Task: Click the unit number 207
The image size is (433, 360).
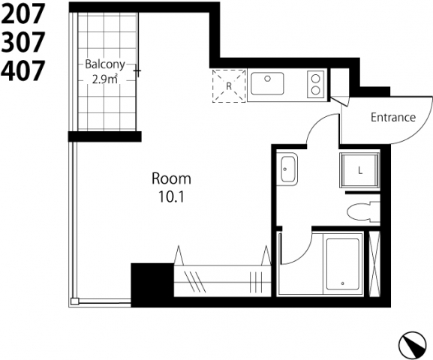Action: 23,13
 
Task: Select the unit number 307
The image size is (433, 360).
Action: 23,42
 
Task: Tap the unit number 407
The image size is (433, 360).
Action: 23,70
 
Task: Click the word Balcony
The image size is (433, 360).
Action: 105,64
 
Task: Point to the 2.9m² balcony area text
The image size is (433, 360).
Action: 105,79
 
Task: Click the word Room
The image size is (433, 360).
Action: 171,178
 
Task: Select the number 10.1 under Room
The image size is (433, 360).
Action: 171,196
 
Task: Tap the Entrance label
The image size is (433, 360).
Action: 393,117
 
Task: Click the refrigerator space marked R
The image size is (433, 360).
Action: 229,85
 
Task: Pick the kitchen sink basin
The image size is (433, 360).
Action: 267,83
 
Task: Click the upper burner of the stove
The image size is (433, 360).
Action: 315,79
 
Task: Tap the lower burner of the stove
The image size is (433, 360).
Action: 315,90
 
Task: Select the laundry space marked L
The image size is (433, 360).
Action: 359,170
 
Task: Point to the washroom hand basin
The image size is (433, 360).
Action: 287,169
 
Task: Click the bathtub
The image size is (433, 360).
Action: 342,265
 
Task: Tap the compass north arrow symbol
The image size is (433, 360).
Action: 413,344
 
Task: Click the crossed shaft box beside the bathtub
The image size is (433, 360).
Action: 374,264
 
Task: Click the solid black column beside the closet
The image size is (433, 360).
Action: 152,285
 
